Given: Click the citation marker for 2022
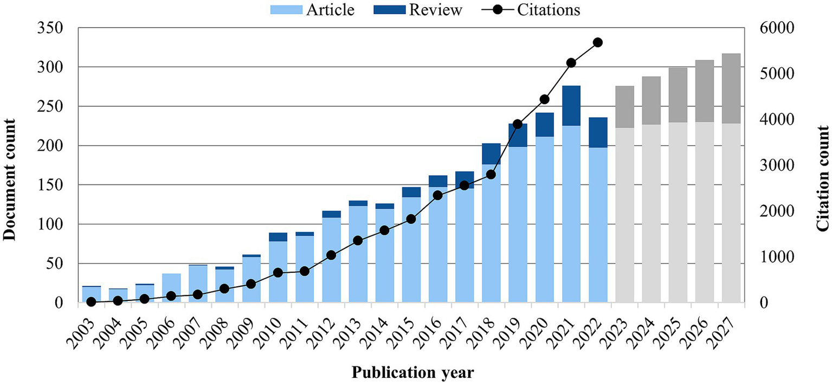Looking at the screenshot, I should pyautogui.click(x=598, y=42).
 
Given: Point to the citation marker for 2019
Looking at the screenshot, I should pyautogui.click(x=518, y=124).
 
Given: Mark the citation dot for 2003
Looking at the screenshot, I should pyautogui.click(x=91, y=301).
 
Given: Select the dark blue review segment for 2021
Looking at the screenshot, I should pyautogui.click(x=571, y=106).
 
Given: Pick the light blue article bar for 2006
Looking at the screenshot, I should pyautogui.click(x=171, y=288).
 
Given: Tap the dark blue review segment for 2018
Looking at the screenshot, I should pyautogui.click(x=491, y=154).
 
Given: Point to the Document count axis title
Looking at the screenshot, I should pyautogui.click(x=9, y=165).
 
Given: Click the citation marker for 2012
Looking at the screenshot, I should pyautogui.click(x=332, y=255).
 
